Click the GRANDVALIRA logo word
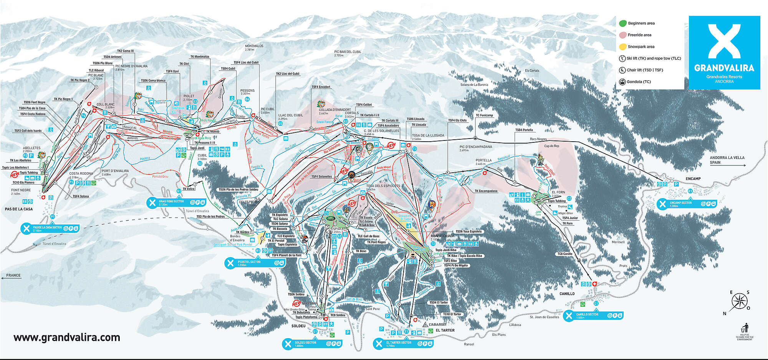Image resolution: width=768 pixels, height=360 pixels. coord(724,68)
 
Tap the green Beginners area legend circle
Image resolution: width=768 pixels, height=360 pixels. coord(623,23)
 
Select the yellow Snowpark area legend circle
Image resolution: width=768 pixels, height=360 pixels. coord(623,47)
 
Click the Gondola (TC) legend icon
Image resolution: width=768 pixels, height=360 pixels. coord(622,82)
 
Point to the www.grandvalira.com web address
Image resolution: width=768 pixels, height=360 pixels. coord(67,337)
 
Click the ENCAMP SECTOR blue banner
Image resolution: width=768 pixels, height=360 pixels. coord(685,204)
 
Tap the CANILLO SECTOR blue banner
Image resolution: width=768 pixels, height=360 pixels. coord(593,315)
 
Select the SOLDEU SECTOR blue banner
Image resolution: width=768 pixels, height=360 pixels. coord(311,344)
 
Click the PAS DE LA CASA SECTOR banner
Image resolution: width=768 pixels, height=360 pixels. coord(50,229)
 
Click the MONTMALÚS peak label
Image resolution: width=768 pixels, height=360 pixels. coord(254,46)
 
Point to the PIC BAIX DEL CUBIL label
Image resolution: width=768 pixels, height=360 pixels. coord(348,52)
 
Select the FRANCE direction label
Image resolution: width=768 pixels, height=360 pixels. coord(13,275)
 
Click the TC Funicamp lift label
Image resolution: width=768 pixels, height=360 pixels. coord(484,115)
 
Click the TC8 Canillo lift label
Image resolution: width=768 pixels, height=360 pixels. coord(565,254)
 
